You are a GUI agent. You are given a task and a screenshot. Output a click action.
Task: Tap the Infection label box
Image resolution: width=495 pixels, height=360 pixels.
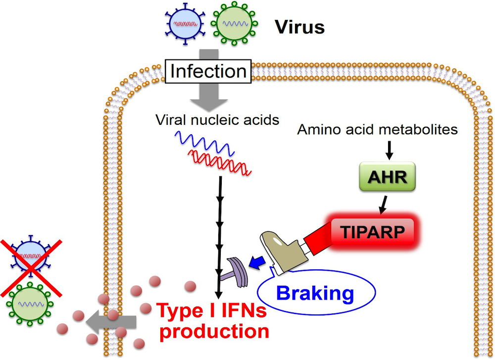208,71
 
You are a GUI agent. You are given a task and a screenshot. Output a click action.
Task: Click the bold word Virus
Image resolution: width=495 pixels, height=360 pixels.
299,27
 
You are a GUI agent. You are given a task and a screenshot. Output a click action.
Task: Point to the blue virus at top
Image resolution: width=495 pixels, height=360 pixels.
185,22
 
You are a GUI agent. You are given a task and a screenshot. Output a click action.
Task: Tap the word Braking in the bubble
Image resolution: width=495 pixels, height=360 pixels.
315,294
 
